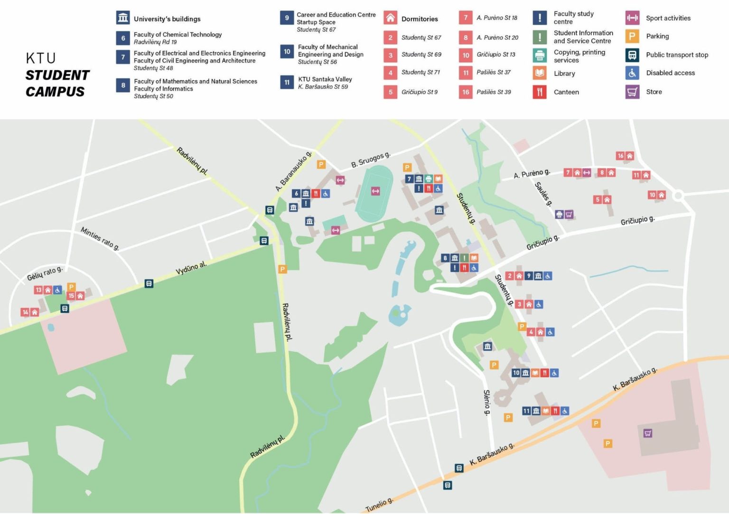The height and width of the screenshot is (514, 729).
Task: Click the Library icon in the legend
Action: (539, 73)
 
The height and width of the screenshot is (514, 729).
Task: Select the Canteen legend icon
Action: (539, 92)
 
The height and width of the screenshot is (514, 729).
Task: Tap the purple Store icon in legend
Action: (632, 92)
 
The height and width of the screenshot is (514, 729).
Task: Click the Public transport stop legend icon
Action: (632, 55)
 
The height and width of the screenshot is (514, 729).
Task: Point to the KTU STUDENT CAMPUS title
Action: (57, 75)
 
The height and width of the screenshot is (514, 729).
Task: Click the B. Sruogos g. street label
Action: (371, 160)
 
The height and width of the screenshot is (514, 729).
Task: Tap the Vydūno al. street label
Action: (191, 268)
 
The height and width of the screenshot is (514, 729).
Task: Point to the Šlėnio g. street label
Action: (486, 402)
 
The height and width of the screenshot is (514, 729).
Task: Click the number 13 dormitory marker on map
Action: (39, 290)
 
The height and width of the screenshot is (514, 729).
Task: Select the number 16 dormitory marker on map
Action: (620, 156)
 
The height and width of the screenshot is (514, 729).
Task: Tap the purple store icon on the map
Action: (648, 433)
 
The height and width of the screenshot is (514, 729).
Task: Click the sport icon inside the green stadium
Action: (375, 191)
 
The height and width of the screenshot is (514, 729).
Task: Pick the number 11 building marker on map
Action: (526, 411)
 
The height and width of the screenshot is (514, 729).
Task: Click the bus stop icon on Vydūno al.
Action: (149, 284)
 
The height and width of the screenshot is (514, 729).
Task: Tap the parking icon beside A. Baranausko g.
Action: (321, 165)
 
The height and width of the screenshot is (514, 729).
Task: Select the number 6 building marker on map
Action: (296, 194)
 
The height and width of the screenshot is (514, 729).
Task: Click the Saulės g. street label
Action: (543, 194)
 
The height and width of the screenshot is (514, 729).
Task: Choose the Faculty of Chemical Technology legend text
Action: (178, 35)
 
